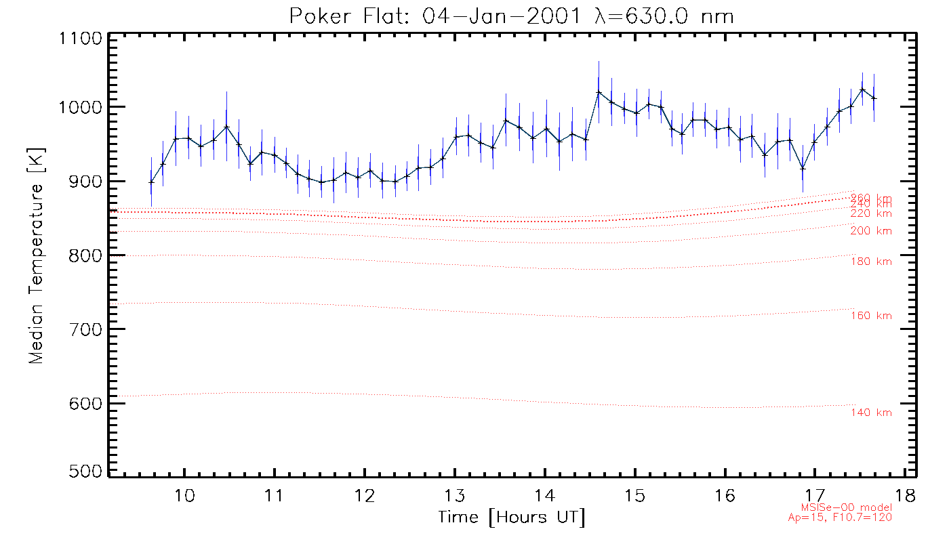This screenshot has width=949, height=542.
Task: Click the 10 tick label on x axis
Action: (184, 495)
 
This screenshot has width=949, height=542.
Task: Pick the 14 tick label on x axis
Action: (545, 495)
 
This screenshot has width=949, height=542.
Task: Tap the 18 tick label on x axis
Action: (906, 495)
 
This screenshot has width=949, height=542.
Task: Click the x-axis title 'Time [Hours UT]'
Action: (512, 518)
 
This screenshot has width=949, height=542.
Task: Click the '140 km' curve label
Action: (871, 413)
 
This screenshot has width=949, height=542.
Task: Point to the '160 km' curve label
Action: (871, 316)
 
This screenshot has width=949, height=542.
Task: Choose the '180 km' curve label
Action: (871, 262)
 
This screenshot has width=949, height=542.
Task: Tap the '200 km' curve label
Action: (871, 231)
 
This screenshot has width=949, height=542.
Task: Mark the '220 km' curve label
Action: (871, 213)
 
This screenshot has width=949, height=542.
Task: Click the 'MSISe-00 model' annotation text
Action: (846, 507)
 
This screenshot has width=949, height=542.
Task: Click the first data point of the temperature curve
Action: (151, 182)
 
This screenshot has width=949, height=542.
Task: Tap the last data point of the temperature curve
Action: (874, 98)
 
